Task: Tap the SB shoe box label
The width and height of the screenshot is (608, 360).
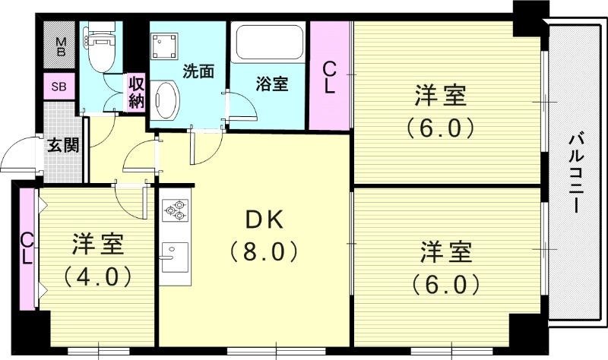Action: [59, 87]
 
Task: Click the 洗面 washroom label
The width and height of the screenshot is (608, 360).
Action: [198, 71]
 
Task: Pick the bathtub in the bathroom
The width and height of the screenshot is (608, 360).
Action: [268, 44]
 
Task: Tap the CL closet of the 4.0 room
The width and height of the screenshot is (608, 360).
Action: [27, 248]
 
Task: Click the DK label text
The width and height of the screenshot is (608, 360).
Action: [263, 220]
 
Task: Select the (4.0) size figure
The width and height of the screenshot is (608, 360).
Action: [98, 273]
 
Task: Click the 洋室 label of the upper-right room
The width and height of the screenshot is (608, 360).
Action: [440, 98]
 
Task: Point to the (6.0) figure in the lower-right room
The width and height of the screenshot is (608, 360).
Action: [446, 284]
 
